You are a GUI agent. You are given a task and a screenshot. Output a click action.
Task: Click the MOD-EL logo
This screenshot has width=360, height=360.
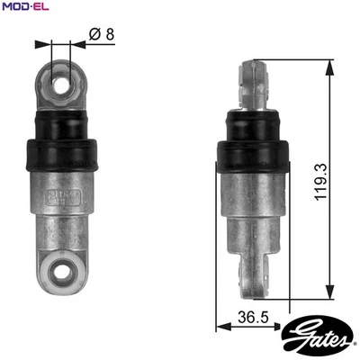click(x=24, y=8)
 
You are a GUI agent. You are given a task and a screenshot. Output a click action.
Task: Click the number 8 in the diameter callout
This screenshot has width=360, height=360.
click(x=110, y=36)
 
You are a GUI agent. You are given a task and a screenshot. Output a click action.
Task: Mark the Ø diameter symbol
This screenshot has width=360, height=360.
click(x=95, y=36)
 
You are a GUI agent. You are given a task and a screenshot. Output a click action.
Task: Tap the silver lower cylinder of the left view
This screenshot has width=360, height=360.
click(x=62, y=216)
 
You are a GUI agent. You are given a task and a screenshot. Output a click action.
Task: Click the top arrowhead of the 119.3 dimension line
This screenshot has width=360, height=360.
click(x=335, y=65)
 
